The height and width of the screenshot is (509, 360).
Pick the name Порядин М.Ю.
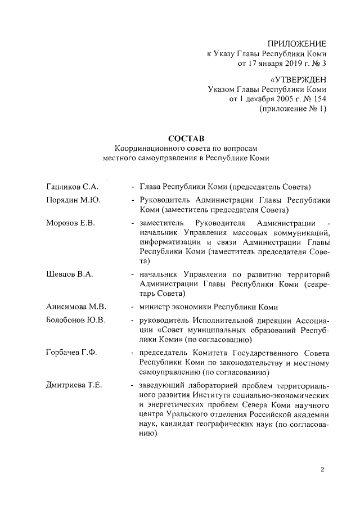point(73,200)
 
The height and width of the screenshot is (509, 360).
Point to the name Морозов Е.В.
point(70,223)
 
